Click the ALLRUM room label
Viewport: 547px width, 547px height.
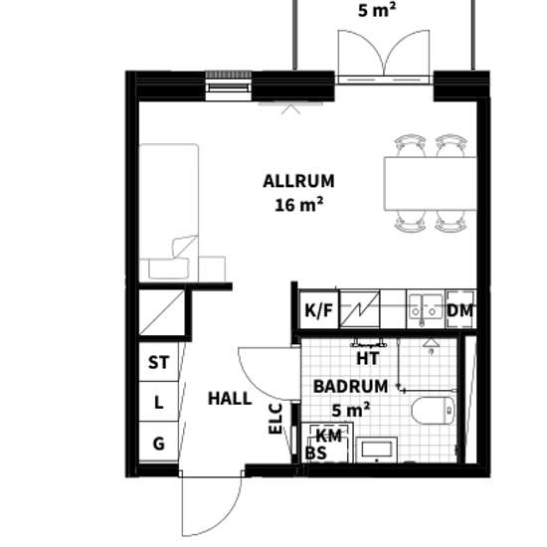point(298,181)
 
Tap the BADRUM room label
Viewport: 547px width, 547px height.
point(351,387)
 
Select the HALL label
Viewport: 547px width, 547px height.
point(230,399)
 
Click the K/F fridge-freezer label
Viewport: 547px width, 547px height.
point(319,310)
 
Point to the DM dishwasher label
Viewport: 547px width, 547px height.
point(460,310)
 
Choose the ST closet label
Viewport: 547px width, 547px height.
point(159,362)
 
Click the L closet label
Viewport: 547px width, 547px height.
point(159,403)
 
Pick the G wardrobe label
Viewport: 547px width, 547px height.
point(159,444)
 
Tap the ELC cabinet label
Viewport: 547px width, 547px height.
point(275,419)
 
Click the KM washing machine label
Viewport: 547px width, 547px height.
point(328,436)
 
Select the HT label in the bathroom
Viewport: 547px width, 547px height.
point(368,359)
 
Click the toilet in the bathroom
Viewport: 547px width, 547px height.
point(433,410)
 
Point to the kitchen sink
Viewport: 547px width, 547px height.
point(426,308)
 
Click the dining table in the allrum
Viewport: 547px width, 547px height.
point(431,184)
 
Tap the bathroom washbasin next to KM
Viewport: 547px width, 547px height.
point(376,449)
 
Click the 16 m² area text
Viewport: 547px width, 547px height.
point(298,205)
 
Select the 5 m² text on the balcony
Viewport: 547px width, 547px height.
point(377,11)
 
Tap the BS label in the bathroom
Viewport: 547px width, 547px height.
point(315,453)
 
